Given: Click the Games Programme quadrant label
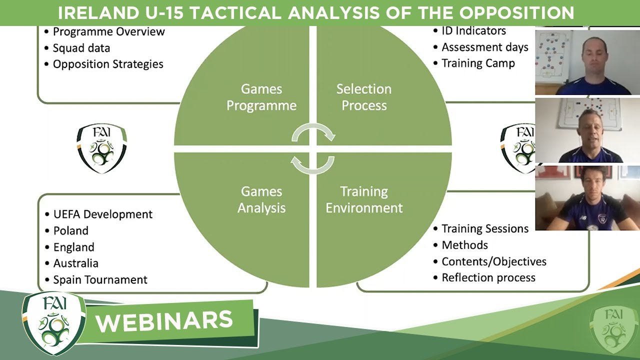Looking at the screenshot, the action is click(261, 97).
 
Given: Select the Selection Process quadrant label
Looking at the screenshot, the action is click(364, 97).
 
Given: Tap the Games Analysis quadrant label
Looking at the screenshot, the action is click(261, 199).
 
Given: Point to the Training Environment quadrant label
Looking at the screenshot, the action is click(364, 199).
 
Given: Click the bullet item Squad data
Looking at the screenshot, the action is click(81, 48).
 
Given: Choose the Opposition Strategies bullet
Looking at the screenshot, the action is click(108, 64).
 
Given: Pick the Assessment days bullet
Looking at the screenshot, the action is click(485, 47).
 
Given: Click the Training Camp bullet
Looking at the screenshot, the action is click(478, 63).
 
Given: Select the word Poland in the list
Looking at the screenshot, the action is click(71, 230).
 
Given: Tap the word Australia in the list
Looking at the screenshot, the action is click(75, 263).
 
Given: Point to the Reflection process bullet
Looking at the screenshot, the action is click(488, 277).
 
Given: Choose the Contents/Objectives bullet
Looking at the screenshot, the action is click(494, 261).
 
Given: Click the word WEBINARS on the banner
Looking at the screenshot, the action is click(164, 321).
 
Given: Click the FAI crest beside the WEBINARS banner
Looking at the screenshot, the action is click(54, 323).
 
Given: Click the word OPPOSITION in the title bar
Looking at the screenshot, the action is click(516, 13).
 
